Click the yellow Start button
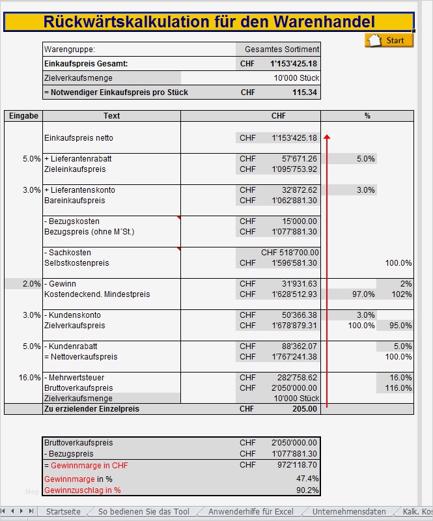(389, 40)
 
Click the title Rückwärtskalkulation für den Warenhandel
(209, 21)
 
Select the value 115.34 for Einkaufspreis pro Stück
(305, 92)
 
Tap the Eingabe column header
(23, 116)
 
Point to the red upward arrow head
(327, 137)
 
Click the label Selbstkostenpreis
(77, 263)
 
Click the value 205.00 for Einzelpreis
(305, 409)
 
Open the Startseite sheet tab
(63, 512)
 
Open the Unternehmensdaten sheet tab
(349, 512)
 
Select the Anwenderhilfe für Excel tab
(251, 512)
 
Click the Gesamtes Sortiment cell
(282, 49)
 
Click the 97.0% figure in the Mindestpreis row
(363, 294)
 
